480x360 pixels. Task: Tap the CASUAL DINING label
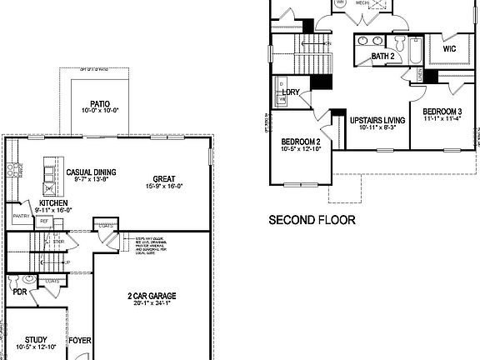pyautogui.click(x=92, y=172)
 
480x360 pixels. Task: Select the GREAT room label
pyautogui.click(x=162, y=177)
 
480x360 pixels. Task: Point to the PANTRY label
pyautogui.click(x=21, y=216)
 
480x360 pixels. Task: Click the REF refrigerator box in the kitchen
pyautogui.click(x=44, y=221)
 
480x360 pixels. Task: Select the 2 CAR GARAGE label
pyautogui.click(x=150, y=296)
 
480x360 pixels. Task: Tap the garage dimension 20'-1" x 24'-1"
pyautogui.click(x=150, y=304)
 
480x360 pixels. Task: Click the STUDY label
pyautogui.click(x=36, y=339)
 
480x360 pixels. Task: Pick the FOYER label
pyautogui.click(x=80, y=340)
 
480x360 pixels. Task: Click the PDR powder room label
pyautogui.click(x=20, y=292)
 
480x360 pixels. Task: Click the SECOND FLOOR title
pyautogui.click(x=311, y=221)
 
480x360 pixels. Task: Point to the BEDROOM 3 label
pyautogui.click(x=442, y=112)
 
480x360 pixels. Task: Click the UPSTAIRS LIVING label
pyautogui.click(x=376, y=119)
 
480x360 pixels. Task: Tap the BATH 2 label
pyautogui.click(x=383, y=56)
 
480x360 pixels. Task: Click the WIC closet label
pyautogui.click(x=450, y=49)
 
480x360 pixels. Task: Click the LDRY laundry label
pyautogui.click(x=291, y=92)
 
